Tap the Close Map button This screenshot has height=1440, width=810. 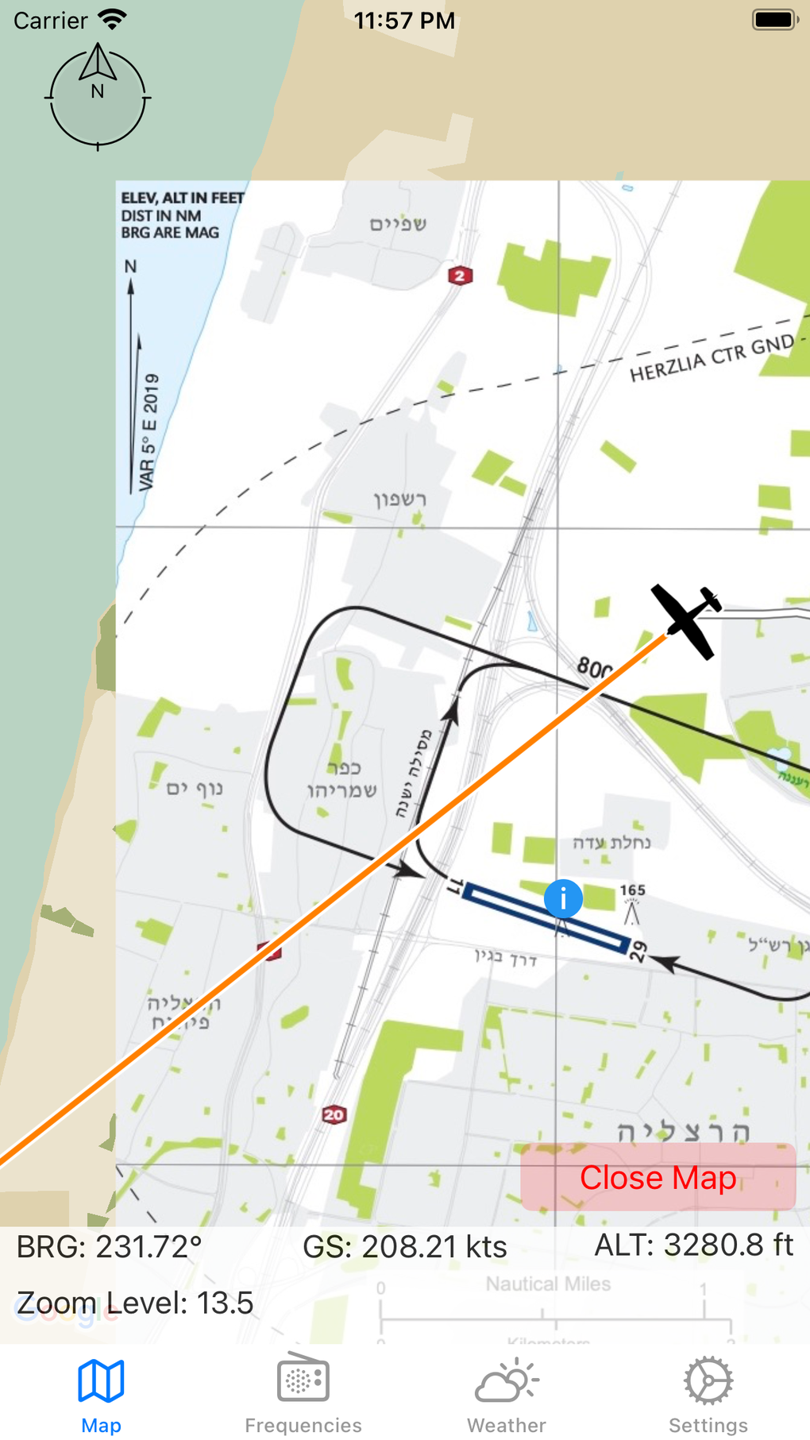(658, 1177)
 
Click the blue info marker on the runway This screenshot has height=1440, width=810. (563, 899)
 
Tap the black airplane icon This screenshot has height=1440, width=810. (687, 622)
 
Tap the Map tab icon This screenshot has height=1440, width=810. (101, 1382)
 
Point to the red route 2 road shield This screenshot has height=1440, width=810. (460, 276)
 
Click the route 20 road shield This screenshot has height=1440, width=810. (334, 1114)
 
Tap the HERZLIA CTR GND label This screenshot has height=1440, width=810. (712, 358)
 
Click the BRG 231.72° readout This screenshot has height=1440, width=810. (110, 1247)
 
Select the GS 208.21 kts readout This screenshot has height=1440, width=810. (404, 1247)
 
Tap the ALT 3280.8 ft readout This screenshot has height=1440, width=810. (693, 1245)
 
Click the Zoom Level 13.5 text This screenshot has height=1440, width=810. (135, 1303)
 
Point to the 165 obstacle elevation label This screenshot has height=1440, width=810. (633, 890)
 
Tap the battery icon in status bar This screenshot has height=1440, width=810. (774, 20)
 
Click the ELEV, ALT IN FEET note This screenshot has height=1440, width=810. (182, 198)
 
